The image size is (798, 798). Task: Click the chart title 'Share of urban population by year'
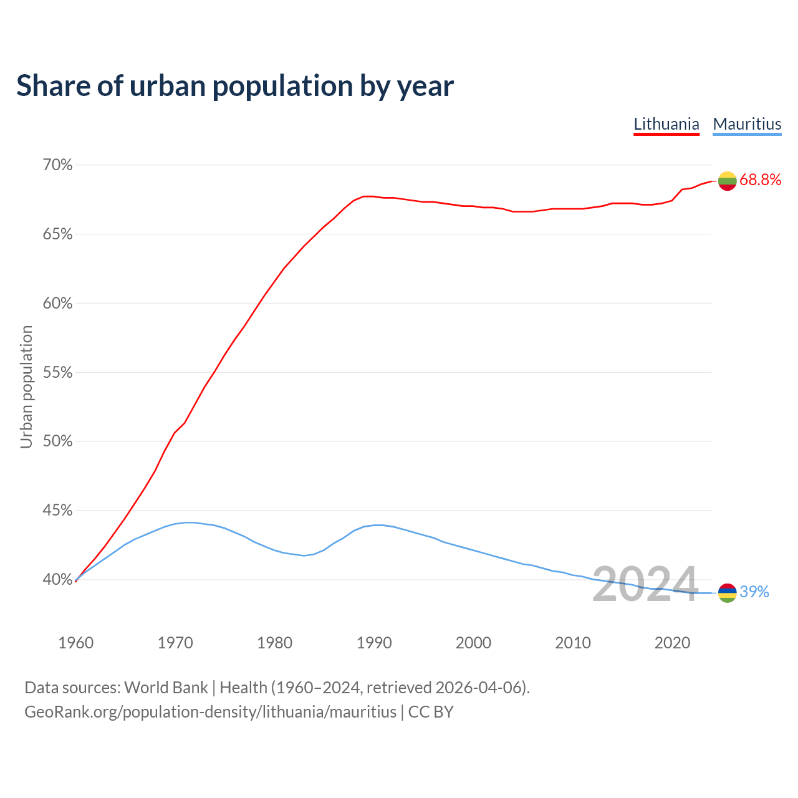235,86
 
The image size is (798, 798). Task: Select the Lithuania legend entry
666,124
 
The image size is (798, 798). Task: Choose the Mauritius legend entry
747,124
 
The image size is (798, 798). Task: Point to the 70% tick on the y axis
57,165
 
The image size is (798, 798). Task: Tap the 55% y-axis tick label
57,373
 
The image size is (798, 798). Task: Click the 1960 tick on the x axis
76,643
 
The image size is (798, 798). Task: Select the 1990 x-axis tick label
374,643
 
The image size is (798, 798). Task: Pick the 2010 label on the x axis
573,643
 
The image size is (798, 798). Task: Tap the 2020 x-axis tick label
672,643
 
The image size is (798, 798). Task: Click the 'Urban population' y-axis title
26,387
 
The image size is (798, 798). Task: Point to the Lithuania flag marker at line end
727,181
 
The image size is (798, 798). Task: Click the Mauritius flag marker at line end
727,593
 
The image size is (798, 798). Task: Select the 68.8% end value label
761,180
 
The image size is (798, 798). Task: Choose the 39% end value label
754,592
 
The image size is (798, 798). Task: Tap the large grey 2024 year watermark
645,585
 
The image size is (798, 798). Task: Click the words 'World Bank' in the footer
166,688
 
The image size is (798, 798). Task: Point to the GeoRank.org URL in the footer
210,712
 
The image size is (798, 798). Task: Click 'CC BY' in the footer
431,712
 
